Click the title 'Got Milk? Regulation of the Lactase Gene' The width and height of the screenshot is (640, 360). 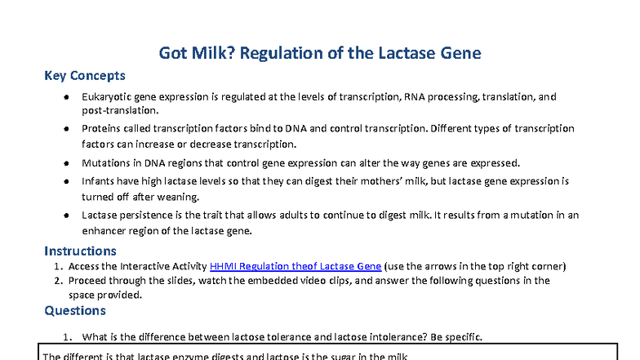point(319,54)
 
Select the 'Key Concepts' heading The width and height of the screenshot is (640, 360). point(85,76)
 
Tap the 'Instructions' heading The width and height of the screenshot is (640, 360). point(80,251)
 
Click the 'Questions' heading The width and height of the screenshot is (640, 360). point(74,310)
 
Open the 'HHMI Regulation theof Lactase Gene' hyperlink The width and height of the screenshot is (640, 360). point(296,266)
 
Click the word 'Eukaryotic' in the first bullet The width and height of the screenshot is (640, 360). point(109,97)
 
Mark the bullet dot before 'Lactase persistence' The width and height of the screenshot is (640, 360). point(64,216)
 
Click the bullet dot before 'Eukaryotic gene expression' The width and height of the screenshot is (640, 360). point(64,97)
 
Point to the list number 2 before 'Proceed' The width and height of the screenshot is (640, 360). point(58,281)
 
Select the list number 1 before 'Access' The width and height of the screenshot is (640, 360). point(58,266)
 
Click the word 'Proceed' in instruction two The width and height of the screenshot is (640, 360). point(89,281)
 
